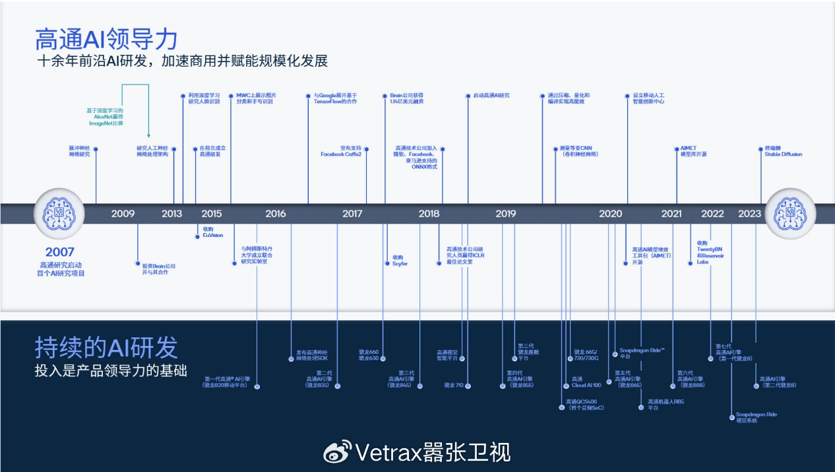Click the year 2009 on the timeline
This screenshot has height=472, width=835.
pyautogui.click(x=123, y=214)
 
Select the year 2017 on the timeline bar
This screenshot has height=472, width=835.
pyautogui.click(x=352, y=214)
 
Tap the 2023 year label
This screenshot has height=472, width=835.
pyautogui.click(x=749, y=214)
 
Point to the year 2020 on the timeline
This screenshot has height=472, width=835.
pyautogui.click(x=610, y=214)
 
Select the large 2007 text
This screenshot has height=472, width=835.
pyautogui.click(x=60, y=252)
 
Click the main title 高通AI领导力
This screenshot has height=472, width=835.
pyautogui.click(x=106, y=40)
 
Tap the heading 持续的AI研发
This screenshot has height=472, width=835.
pyautogui.click(x=106, y=347)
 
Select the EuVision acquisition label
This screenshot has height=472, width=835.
pyautogui.click(x=212, y=232)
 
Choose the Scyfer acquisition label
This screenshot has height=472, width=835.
pyautogui.click(x=400, y=260)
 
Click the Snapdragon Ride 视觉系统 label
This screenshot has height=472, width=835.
pyautogui.click(x=756, y=417)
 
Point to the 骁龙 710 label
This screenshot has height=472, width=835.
pyautogui.click(x=454, y=385)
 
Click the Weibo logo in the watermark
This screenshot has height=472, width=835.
pyautogui.click(x=336, y=452)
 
